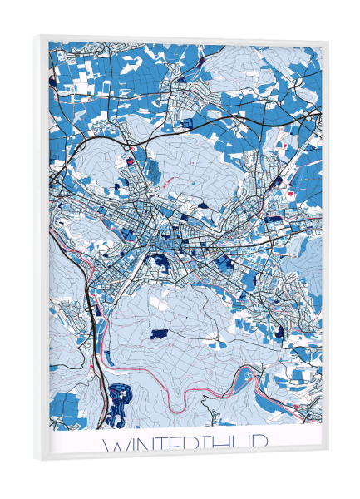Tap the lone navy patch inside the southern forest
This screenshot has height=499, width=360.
click(158, 333)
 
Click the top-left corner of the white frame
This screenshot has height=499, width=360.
click(37, 36)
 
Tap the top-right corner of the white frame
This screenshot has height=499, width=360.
click(328, 42)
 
